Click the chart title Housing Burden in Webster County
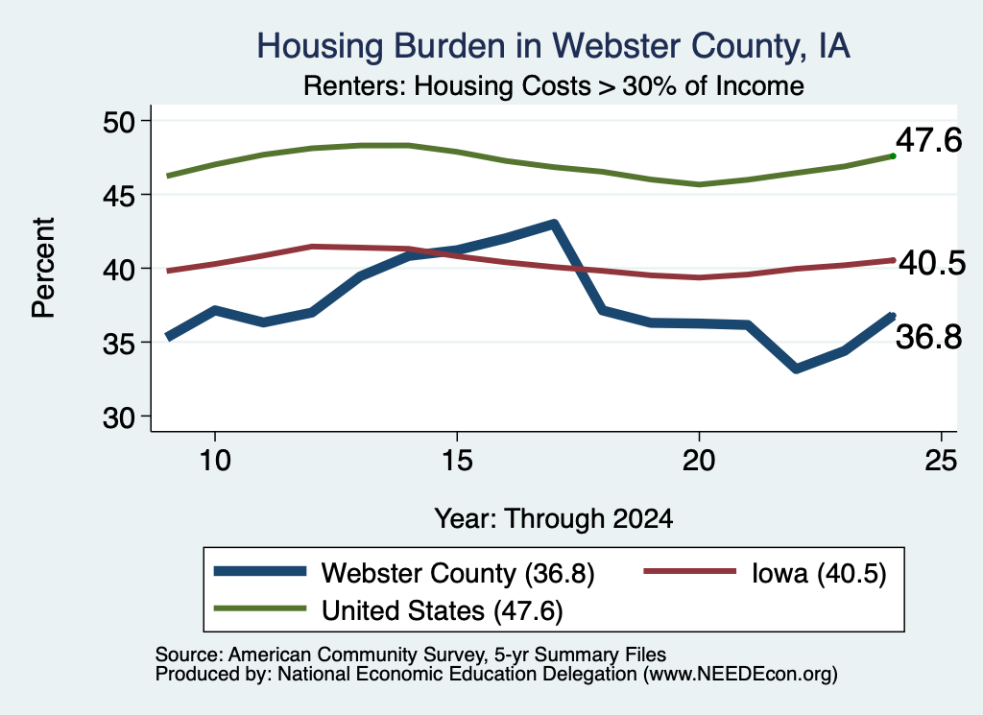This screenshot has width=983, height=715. click(554, 46)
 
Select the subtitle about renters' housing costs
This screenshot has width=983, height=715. click(554, 85)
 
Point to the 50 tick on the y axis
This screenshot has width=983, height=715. click(119, 121)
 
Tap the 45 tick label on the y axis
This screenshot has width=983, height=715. click(119, 195)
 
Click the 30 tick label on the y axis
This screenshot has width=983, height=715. click(119, 417)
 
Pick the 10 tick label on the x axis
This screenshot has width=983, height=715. click(215, 461)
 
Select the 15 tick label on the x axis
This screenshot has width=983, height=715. click(457, 461)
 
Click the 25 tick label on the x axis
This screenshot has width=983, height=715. click(941, 461)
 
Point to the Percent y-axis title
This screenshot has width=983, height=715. click(43, 268)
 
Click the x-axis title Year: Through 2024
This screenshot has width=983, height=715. click(554, 519)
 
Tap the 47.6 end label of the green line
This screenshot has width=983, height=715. click(928, 140)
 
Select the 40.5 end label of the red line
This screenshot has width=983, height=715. click(932, 263)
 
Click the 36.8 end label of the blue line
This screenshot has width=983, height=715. click(928, 337)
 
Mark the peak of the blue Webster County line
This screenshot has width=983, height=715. click(554, 224)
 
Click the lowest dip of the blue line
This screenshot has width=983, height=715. click(796, 368)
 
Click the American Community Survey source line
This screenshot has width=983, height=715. click(411, 655)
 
